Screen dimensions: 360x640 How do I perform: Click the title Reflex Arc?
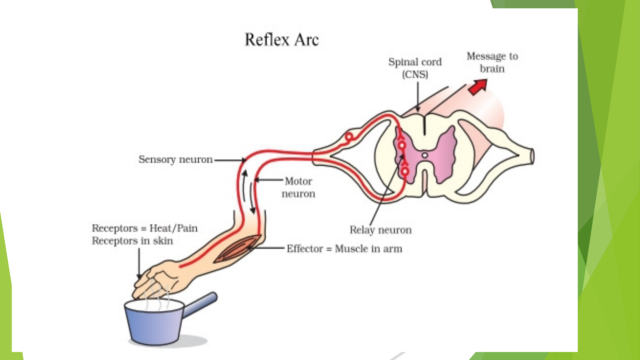tap(282, 40)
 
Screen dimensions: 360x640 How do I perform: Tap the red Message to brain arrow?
tap(477, 87)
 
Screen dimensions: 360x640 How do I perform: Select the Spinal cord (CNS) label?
tap(415, 68)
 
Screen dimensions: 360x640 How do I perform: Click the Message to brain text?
tap(492, 62)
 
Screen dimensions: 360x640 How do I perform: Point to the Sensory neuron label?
tap(175, 160)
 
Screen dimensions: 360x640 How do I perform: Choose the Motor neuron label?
tap(298, 187)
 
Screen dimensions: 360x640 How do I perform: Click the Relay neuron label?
tap(380, 230)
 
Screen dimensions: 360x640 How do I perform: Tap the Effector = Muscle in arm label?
tap(344, 249)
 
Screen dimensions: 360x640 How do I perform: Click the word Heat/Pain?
tap(173, 228)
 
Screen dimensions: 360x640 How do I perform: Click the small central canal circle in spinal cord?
tap(425, 155)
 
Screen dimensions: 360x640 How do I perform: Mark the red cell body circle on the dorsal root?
tap(349, 137)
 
